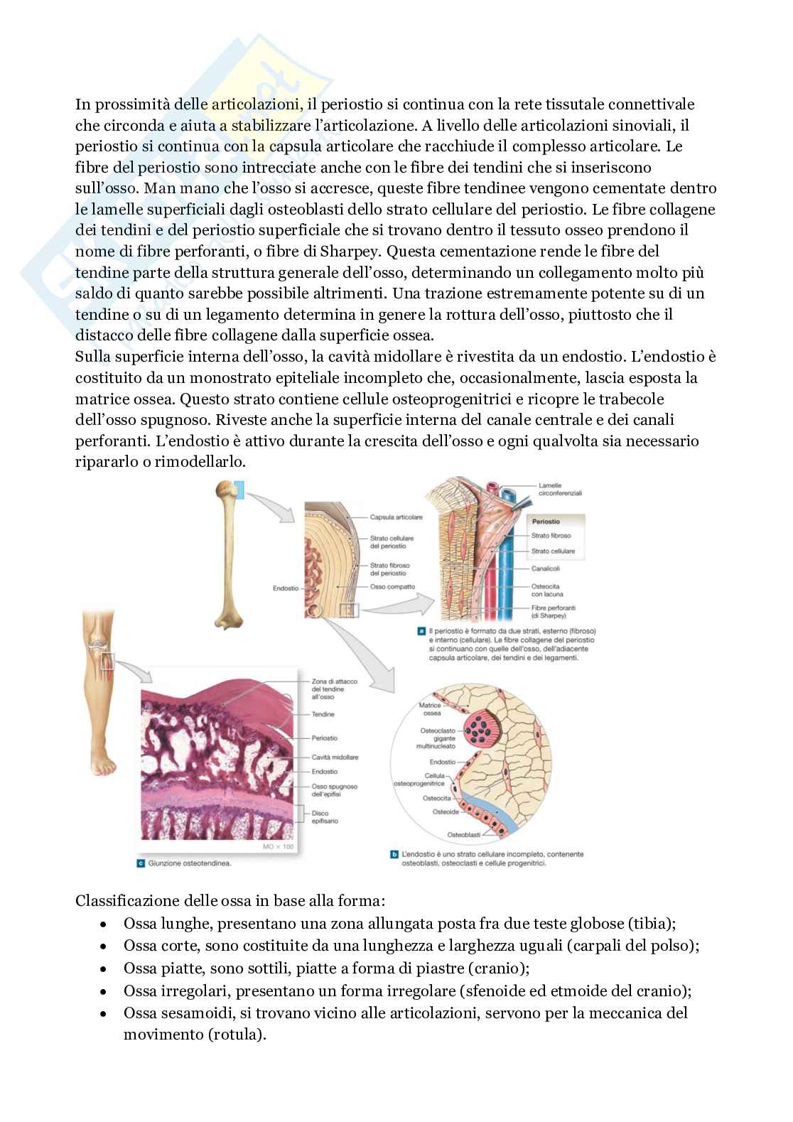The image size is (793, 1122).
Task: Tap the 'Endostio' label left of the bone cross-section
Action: point(285,588)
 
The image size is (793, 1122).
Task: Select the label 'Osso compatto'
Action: point(392,587)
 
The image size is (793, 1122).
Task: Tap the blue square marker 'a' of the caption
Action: point(422,631)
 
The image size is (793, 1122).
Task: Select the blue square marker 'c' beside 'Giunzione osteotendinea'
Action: point(139,864)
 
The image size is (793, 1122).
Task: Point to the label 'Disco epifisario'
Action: point(324,816)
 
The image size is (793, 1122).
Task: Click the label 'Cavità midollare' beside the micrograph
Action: point(335,757)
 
